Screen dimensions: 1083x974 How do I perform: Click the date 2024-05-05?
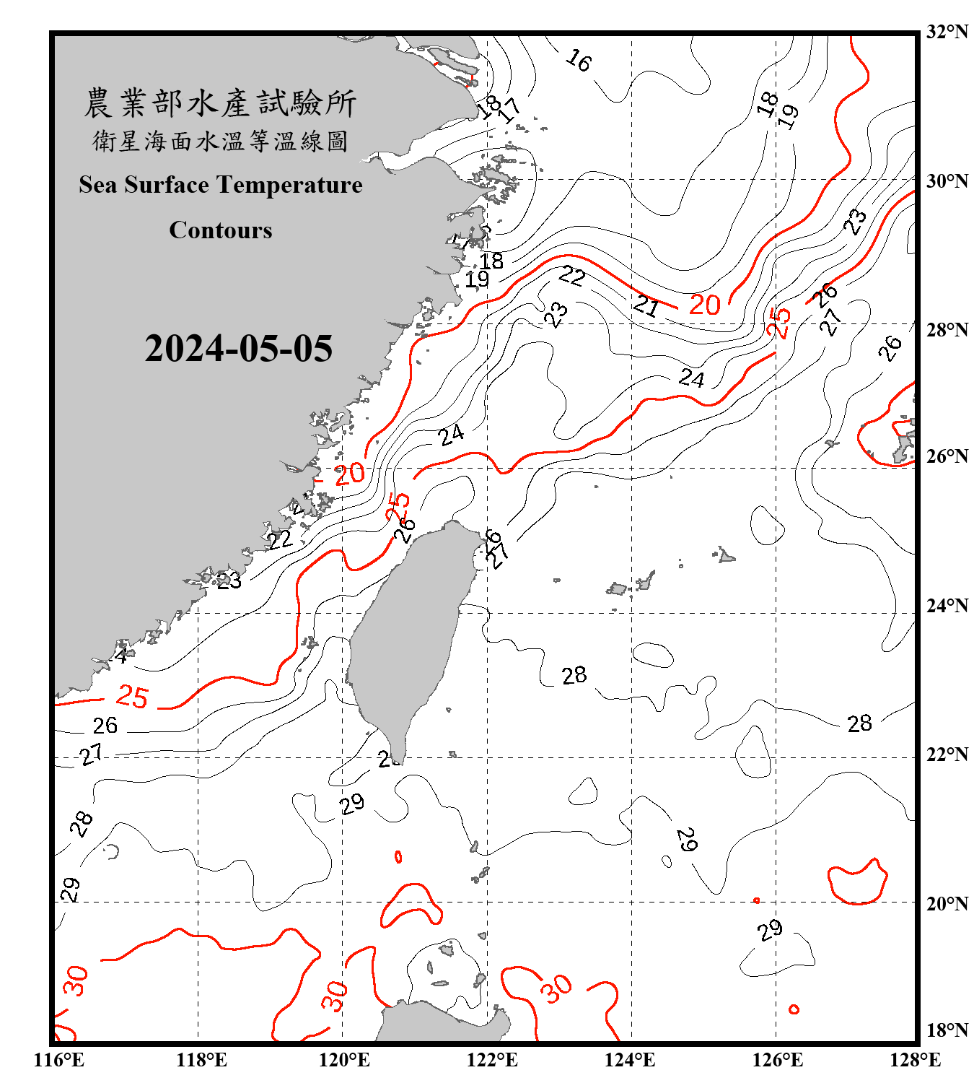pyautogui.click(x=238, y=349)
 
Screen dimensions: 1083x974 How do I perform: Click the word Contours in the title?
pyautogui.click(x=221, y=230)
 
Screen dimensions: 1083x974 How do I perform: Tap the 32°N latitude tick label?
pyautogui.click(x=947, y=32)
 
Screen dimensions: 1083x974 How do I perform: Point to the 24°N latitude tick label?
pyautogui.click(x=947, y=606)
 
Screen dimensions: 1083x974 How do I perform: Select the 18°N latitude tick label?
pyautogui.click(x=947, y=1030)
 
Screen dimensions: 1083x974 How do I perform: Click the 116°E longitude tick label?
pyautogui.click(x=59, y=1060)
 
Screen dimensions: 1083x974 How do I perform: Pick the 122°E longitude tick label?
pyautogui.click(x=492, y=1060)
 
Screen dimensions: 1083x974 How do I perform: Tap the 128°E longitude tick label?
pyautogui.click(x=915, y=1060)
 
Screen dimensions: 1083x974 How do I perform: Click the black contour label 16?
pyautogui.click(x=579, y=61)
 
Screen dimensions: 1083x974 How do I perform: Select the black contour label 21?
pyautogui.click(x=646, y=306)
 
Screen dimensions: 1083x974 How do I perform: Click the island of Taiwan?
pyautogui.click(x=408, y=635)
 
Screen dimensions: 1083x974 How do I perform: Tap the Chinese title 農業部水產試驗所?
pyautogui.click(x=220, y=103)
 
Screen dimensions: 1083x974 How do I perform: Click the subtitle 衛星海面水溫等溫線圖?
pyautogui.click(x=220, y=142)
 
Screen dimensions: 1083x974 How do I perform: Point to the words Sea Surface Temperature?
pyautogui.click(x=221, y=185)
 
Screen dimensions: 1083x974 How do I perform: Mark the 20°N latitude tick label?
pyautogui.click(x=947, y=903)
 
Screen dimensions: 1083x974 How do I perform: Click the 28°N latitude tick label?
pyautogui.click(x=947, y=330)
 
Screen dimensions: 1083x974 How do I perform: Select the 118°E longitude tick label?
pyautogui.click(x=201, y=1060)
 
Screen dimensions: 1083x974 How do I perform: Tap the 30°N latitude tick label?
pyautogui.click(x=947, y=180)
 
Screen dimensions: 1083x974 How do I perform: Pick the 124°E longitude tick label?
pyautogui.click(x=630, y=1060)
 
